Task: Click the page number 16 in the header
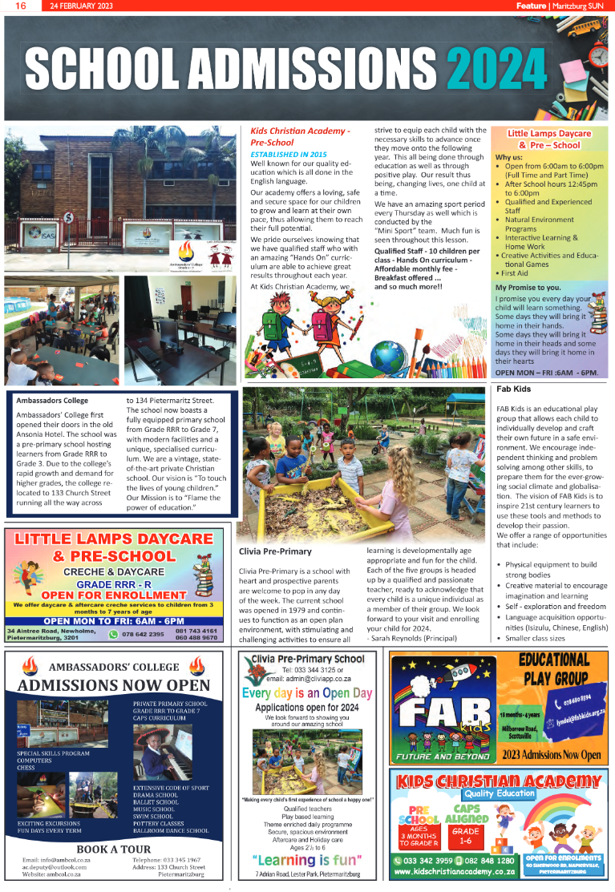click(21, 6)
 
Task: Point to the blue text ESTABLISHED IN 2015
click(289, 153)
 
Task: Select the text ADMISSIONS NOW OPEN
click(114, 685)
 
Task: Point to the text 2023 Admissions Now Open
click(551, 755)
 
